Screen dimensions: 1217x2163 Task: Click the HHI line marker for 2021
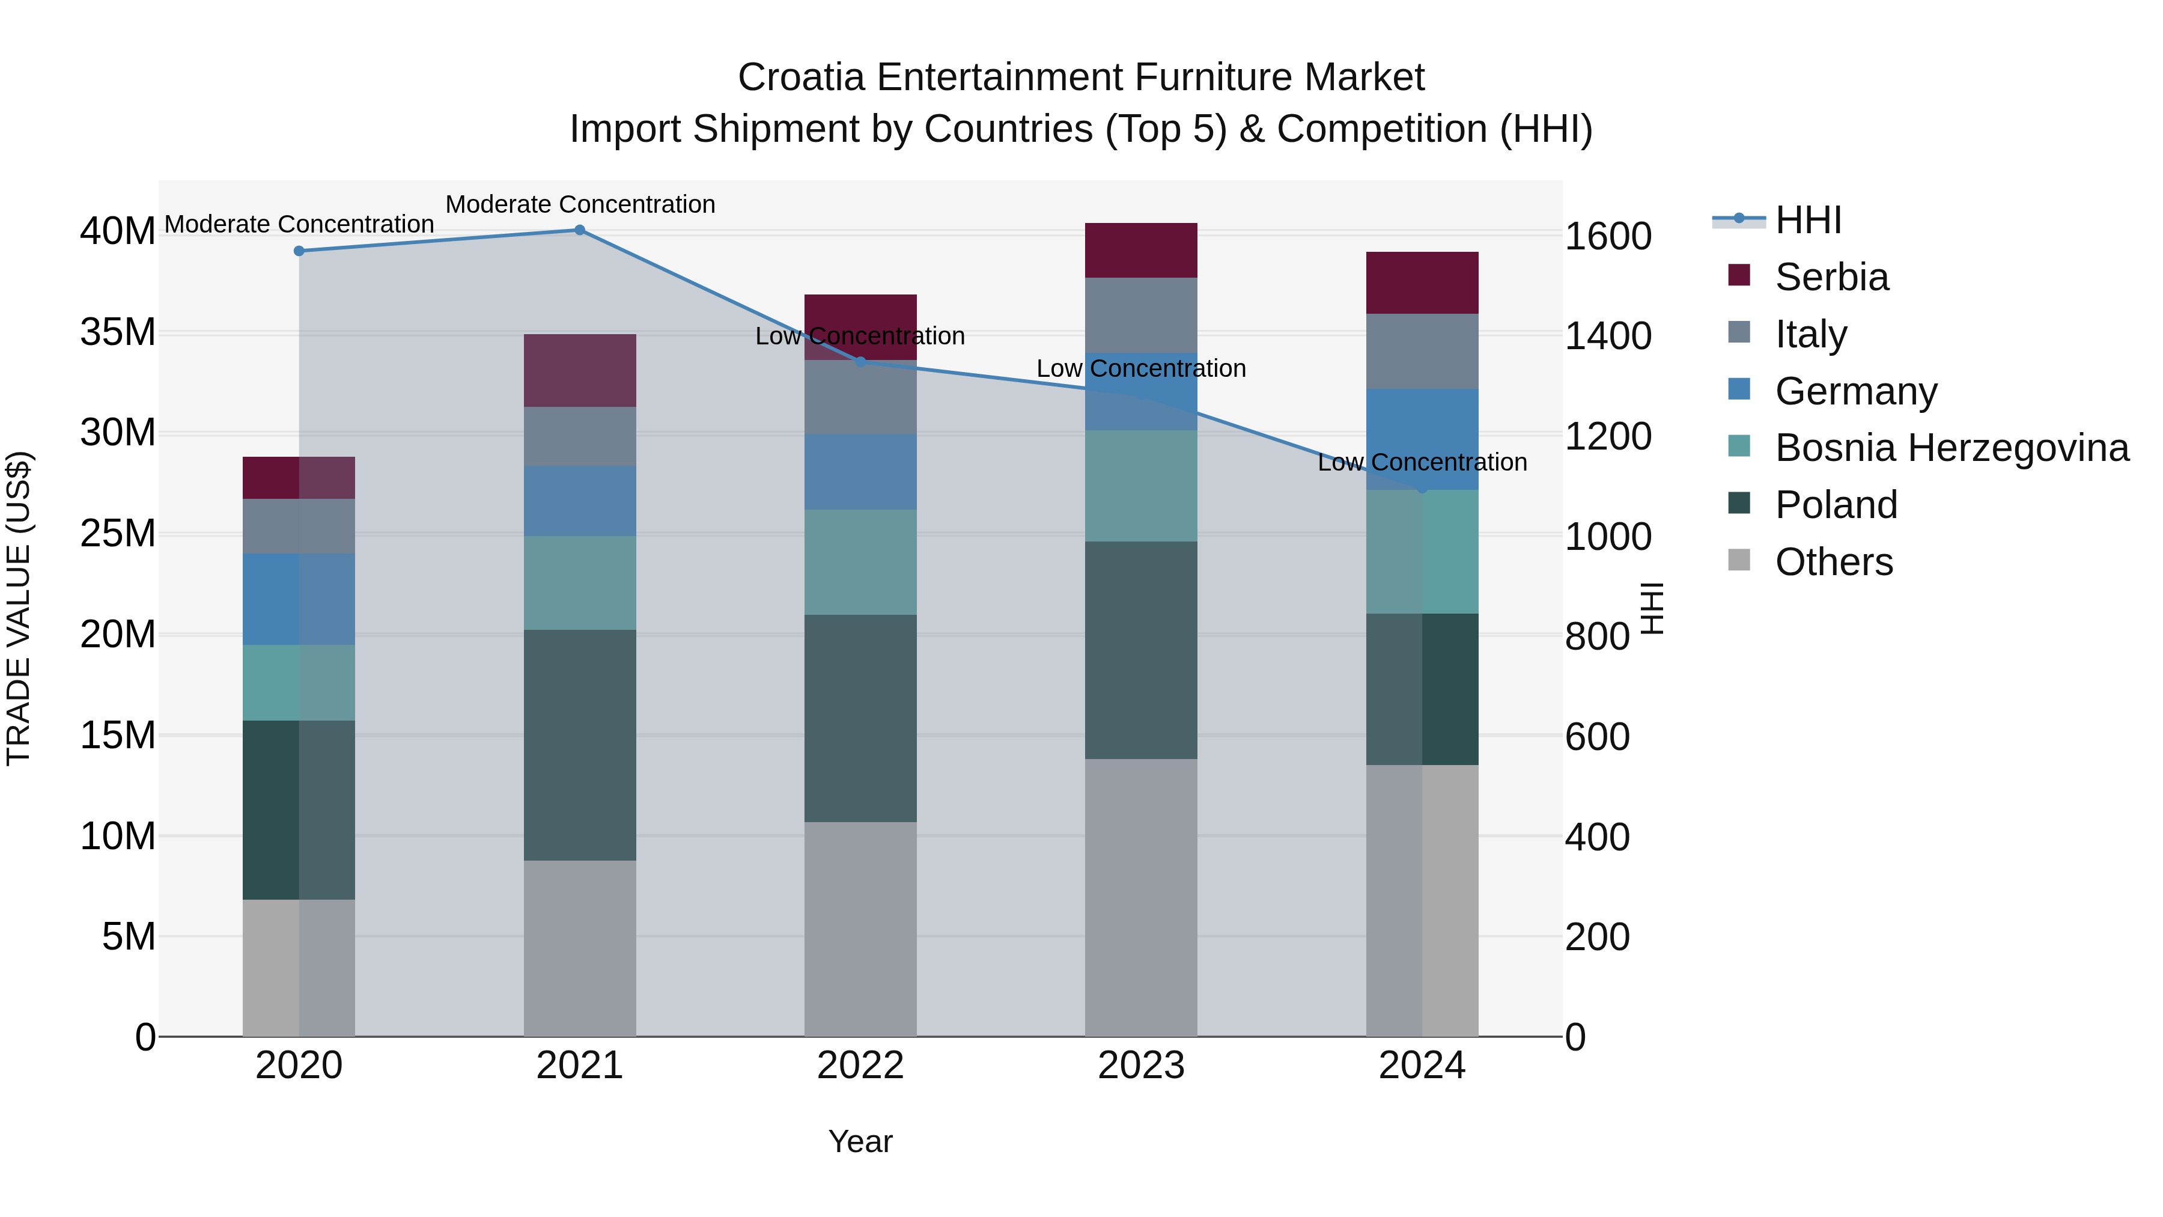click(579, 230)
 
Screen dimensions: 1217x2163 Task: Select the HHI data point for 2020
click(299, 251)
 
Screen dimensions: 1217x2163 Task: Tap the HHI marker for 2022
click(860, 362)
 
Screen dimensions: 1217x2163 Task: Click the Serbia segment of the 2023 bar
click(1140, 250)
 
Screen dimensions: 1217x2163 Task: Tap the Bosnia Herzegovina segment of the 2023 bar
click(1140, 486)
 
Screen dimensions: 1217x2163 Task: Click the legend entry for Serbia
click(1831, 277)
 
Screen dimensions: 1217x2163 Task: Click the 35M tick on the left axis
click(118, 332)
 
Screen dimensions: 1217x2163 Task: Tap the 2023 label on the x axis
click(1140, 1066)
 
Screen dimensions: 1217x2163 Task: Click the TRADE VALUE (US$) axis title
click(19, 608)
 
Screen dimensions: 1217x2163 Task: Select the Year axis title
click(860, 1141)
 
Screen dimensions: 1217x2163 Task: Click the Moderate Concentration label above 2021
click(579, 204)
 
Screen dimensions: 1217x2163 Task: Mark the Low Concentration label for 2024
click(1422, 462)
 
